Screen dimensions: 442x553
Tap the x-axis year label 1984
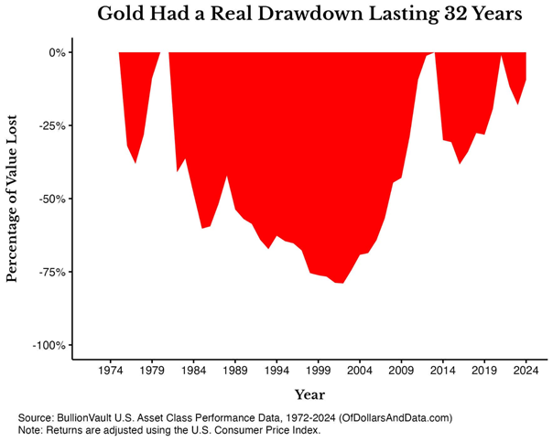click(x=193, y=372)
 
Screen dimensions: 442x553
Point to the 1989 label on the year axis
click(x=235, y=372)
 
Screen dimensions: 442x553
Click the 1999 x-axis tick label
click(x=318, y=372)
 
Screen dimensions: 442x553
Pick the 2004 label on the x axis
click(x=360, y=372)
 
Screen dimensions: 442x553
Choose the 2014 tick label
click(x=442, y=372)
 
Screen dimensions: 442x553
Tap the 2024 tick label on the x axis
click(x=526, y=372)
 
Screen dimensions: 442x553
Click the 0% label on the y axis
click(x=57, y=52)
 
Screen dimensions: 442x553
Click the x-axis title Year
click(x=309, y=394)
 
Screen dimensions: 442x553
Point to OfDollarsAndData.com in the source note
click(x=396, y=417)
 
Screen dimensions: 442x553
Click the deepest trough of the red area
click(x=340, y=283)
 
